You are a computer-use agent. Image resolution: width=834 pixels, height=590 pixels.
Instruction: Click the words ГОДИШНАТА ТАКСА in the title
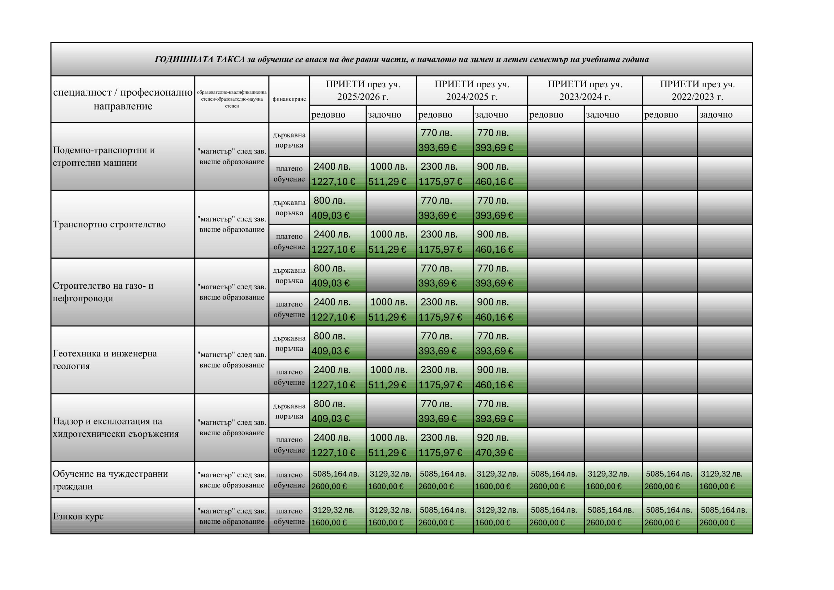pyautogui.click(x=200, y=60)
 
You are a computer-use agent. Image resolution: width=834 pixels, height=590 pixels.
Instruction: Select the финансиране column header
pyautogui.click(x=289, y=99)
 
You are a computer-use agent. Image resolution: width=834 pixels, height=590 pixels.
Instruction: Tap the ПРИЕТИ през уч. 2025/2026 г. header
pyautogui.click(x=363, y=91)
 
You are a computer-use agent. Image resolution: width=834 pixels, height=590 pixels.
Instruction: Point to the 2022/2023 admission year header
pyautogui.click(x=697, y=91)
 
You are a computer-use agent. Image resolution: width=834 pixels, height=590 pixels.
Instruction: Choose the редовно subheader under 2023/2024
pyautogui.click(x=546, y=115)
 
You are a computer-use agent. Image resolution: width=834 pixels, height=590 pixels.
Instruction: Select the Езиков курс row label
pyautogui.click(x=78, y=516)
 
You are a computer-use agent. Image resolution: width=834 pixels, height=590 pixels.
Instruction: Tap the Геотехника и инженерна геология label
pyautogui.click(x=105, y=360)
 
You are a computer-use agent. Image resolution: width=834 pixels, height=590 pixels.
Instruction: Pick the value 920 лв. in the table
pyautogui.click(x=493, y=438)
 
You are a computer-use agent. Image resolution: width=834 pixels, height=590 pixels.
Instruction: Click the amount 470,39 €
pyautogui.click(x=494, y=453)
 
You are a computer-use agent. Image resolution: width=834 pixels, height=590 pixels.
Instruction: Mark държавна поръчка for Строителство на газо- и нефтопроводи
pyautogui.click(x=289, y=275)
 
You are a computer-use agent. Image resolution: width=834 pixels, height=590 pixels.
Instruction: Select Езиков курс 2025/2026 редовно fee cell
pyautogui.click(x=338, y=516)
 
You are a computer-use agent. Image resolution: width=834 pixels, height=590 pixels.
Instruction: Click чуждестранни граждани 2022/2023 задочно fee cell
pyautogui.click(x=724, y=480)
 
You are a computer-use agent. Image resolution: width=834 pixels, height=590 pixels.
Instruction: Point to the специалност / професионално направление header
pyautogui.click(x=123, y=99)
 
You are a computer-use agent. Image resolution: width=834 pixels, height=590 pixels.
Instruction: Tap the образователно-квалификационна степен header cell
pyautogui.click(x=232, y=99)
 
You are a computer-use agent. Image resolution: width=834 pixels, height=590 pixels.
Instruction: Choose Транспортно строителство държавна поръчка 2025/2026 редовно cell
pyautogui.click(x=338, y=208)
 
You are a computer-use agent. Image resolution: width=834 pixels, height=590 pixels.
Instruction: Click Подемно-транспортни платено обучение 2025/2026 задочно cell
pyautogui.click(x=391, y=174)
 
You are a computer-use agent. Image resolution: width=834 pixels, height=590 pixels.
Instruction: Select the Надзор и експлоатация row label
pyautogui.click(x=116, y=428)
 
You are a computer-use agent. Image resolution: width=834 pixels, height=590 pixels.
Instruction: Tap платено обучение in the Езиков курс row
pyautogui.click(x=289, y=516)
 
